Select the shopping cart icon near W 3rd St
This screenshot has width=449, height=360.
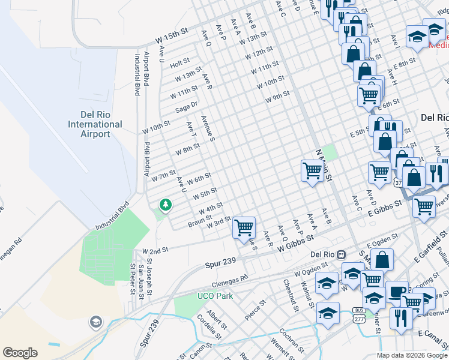coord(244,227)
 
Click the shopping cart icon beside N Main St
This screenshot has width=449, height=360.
coord(312,170)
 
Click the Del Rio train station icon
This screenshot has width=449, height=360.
coord(340,254)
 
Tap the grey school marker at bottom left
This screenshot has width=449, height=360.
coord(95,323)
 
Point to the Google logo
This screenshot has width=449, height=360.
coord(20,353)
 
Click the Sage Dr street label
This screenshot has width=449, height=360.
coord(187,107)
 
